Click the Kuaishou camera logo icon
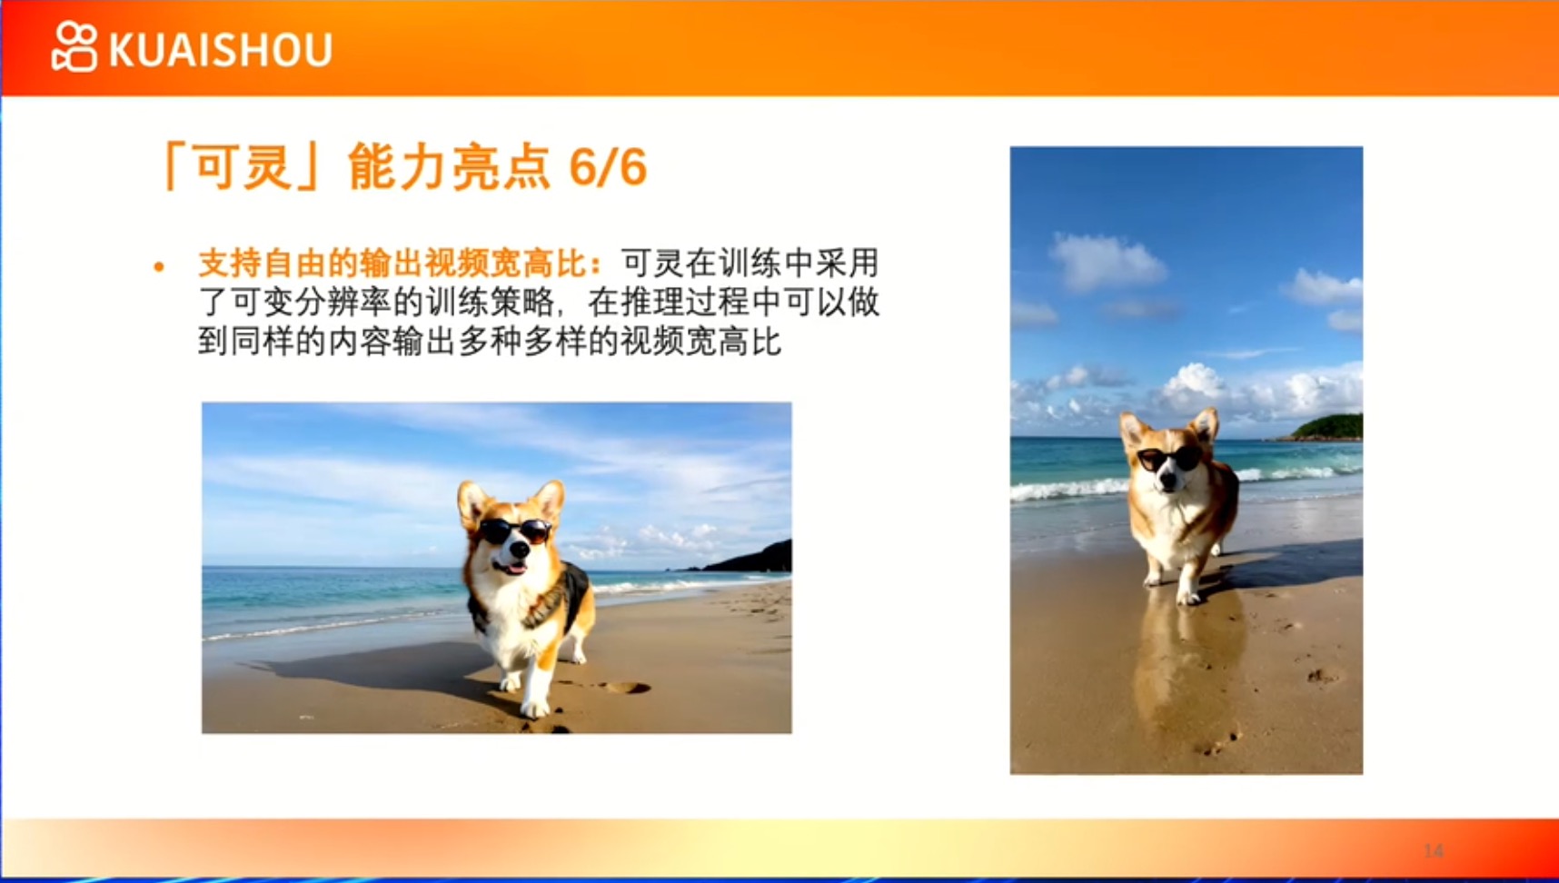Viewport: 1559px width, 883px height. (x=74, y=46)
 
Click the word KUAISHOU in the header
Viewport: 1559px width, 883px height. (x=221, y=50)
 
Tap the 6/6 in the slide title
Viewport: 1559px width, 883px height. (x=608, y=167)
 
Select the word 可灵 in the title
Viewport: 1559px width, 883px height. (x=243, y=167)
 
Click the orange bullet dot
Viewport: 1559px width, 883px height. (x=159, y=266)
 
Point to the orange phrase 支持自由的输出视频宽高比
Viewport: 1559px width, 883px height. (x=392, y=263)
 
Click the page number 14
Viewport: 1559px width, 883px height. (x=1434, y=851)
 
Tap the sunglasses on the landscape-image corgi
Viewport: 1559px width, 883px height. (x=515, y=531)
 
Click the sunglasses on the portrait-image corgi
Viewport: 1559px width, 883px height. (x=1170, y=459)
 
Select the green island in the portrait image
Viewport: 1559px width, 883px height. (x=1326, y=427)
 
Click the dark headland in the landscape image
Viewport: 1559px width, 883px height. (x=746, y=558)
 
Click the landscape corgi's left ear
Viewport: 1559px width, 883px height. (x=472, y=503)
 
